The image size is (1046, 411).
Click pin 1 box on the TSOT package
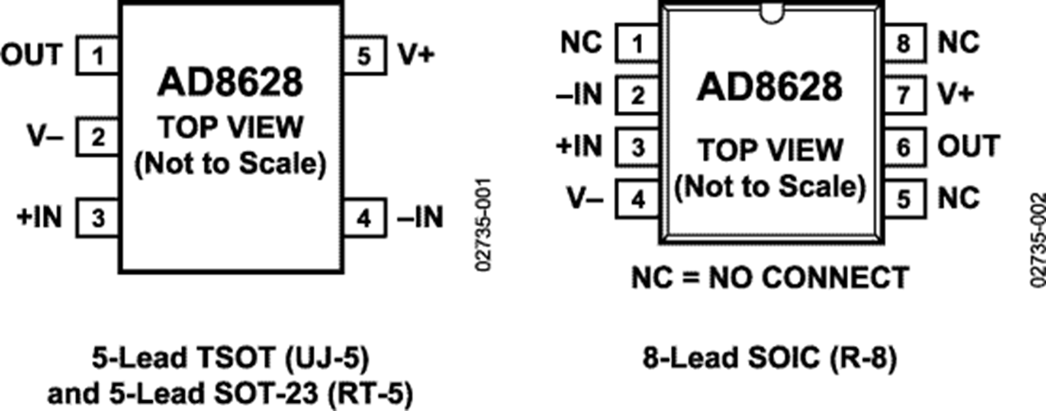coord(98,55)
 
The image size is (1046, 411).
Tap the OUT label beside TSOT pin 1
coord(32,54)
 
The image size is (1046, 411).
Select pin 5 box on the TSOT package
coord(365,55)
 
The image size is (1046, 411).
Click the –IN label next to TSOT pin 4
coord(420,217)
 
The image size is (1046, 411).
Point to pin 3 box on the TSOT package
coord(98,218)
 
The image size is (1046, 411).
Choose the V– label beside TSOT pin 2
coord(45,136)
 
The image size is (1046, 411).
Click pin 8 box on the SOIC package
coord(905,43)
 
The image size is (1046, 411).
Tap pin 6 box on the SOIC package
coord(905,147)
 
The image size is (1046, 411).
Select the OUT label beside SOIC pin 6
coord(969,145)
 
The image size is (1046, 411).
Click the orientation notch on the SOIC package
coord(772,14)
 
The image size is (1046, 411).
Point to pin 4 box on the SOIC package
coord(637,199)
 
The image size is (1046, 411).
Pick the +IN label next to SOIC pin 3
coord(579,145)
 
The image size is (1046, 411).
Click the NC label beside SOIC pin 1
coord(581,43)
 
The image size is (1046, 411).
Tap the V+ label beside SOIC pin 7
coord(957,95)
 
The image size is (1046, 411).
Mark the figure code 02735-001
coord(484,224)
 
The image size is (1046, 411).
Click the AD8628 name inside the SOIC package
coord(770,87)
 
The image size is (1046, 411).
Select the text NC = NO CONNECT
coord(770,277)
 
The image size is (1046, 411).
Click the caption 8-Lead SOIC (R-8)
coord(770,358)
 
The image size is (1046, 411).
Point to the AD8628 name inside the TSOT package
coord(230,82)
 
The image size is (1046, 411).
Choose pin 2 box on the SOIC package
coord(637,95)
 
